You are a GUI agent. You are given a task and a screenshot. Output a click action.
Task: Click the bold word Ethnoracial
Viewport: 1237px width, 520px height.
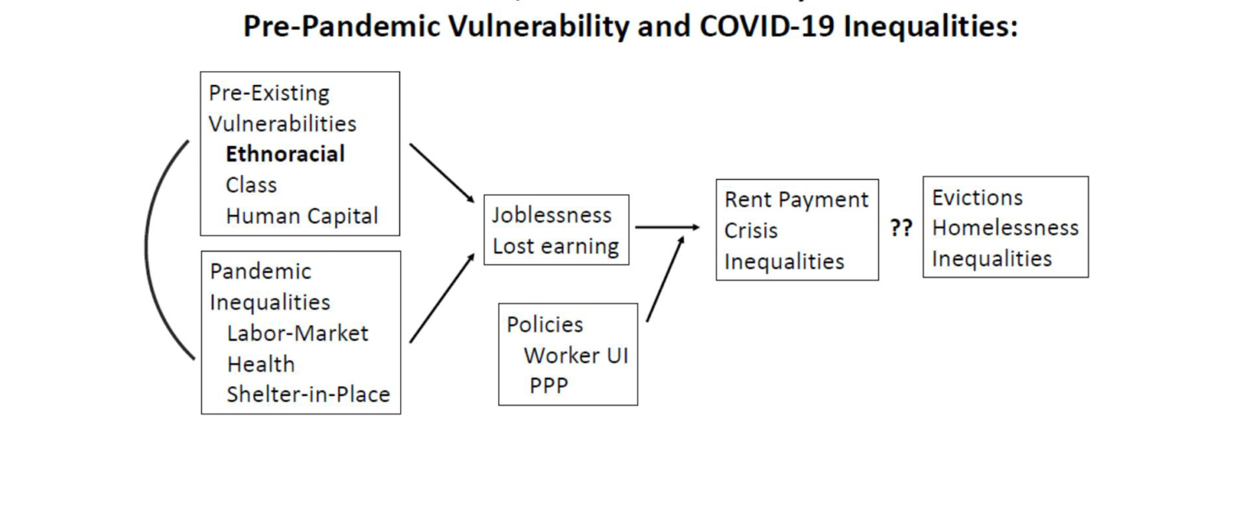tap(285, 154)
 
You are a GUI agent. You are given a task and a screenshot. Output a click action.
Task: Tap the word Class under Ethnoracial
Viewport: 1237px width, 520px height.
tap(252, 185)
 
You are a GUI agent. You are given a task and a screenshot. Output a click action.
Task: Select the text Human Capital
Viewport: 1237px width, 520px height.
tap(302, 216)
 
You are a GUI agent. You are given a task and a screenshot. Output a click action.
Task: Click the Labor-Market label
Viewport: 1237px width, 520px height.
tap(297, 333)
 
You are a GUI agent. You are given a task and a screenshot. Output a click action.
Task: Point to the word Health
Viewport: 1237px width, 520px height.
tap(261, 364)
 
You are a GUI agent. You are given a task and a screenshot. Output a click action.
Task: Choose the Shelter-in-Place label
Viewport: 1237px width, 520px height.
tap(308, 395)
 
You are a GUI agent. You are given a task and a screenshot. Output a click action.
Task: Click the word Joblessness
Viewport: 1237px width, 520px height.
tap(552, 215)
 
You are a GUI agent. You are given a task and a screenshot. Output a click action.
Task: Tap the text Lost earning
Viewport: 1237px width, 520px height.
tap(556, 247)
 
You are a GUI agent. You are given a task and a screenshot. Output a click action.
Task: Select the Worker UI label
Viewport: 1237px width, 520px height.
tap(576, 355)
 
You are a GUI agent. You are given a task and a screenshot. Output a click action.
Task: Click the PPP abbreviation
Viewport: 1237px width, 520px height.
tap(548, 385)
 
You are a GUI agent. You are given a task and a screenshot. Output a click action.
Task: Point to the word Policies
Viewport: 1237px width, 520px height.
tap(544, 324)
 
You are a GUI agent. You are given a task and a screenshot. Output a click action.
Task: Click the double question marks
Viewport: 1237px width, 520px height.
tap(901, 228)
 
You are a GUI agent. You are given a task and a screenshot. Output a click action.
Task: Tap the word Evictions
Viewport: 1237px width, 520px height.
tap(977, 197)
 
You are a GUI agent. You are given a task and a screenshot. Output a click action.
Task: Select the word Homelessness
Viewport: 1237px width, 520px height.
tap(1005, 228)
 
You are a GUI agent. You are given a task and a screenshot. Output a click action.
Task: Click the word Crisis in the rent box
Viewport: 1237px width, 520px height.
tap(750, 230)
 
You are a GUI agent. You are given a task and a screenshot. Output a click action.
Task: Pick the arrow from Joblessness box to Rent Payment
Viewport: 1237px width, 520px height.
tap(667, 227)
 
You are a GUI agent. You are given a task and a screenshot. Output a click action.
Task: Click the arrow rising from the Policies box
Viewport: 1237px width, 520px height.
tap(666, 278)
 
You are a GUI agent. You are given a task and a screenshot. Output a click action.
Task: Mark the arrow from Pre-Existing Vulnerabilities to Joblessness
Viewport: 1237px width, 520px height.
tap(442, 173)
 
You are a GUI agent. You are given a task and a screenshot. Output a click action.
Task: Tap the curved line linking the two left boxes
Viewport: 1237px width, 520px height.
tap(146, 248)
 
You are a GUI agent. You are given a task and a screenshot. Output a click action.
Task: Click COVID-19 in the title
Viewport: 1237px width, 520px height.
tap(767, 26)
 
